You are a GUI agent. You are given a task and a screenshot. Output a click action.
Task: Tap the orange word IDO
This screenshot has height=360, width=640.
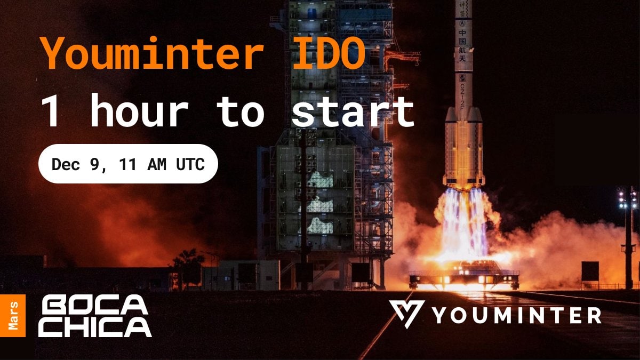(x=329, y=53)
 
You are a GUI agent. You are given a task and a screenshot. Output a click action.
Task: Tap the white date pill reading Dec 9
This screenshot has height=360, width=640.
(x=129, y=164)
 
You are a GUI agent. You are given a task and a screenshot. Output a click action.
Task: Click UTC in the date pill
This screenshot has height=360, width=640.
(x=190, y=164)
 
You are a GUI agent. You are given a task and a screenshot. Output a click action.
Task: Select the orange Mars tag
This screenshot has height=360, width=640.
(x=13, y=315)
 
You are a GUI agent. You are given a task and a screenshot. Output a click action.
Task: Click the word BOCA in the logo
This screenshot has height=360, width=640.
(x=94, y=306)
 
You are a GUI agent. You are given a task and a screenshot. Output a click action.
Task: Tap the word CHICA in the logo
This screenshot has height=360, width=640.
(x=95, y=327)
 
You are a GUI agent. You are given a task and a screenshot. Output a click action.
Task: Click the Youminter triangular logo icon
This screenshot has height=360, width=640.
(x=406, y=314)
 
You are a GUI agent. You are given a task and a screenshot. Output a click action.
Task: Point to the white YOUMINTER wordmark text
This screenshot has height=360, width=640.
(x=517, y=315)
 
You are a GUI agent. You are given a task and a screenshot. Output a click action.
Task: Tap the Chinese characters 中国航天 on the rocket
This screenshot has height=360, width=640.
(x=462, y=45)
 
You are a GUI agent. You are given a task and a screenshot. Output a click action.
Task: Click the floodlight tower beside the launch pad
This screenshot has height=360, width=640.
(x=627, y=237)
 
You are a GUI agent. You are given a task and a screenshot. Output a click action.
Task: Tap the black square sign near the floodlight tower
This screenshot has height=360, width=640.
(x=590, y=271)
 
